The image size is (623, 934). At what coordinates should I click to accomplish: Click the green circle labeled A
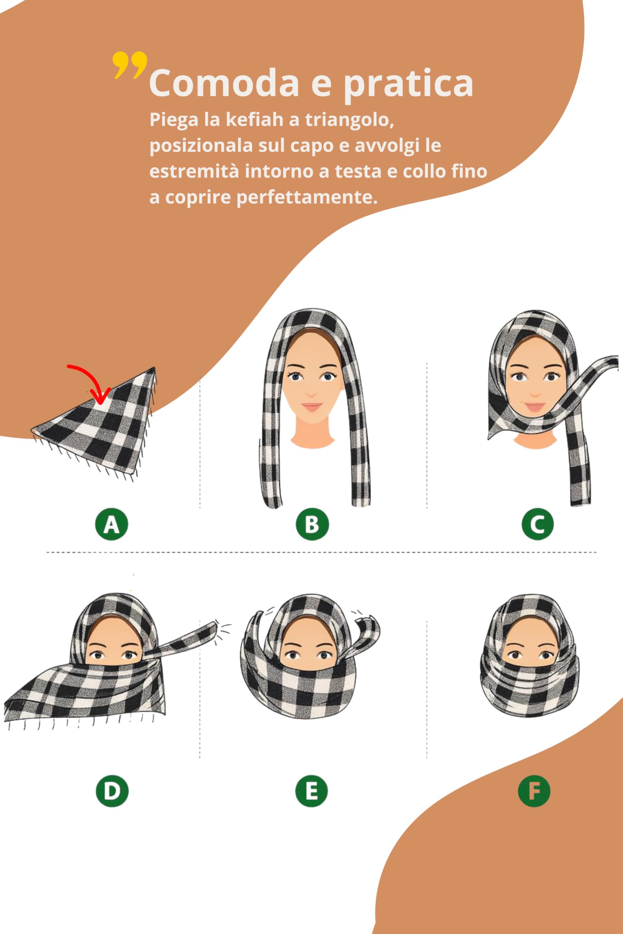click(112, 524)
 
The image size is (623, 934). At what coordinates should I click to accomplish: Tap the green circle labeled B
click(312, 524)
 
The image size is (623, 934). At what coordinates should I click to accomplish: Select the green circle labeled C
click(538, 524)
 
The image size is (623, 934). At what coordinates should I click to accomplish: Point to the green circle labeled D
click(112, 791)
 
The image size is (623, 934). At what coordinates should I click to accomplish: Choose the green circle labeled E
click(312, 791)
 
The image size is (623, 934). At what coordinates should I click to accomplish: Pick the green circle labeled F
click(534, 791)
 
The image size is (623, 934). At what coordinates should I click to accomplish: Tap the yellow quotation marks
click(130, 65)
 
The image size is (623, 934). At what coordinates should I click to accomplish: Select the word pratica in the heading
click(408, 84)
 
